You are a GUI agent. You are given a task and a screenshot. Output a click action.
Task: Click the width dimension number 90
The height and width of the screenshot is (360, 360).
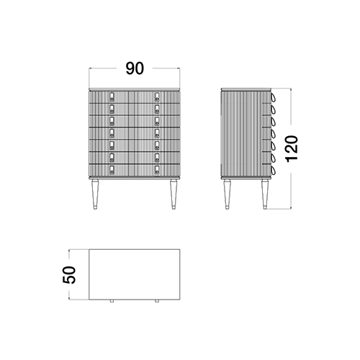[x=135, y=68]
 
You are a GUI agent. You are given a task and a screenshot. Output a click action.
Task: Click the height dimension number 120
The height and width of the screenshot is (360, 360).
[x=292, y=149]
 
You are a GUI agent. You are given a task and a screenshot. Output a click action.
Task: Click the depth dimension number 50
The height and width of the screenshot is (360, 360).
[x=69, y=275]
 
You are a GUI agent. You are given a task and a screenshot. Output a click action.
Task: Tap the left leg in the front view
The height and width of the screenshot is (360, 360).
[x=95, y=194]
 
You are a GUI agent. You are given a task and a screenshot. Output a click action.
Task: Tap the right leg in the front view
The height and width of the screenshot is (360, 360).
[x=174, y=194]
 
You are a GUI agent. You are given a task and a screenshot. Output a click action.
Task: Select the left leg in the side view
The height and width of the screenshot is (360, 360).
[x=227, y=194]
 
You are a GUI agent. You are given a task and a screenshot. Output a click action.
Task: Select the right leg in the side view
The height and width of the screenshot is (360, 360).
[x=265, y=194]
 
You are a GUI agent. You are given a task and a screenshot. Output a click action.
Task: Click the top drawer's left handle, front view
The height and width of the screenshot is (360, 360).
[x=112, y=96]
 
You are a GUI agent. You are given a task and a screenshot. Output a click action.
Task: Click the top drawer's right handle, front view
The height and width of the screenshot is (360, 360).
[x=157, y=96]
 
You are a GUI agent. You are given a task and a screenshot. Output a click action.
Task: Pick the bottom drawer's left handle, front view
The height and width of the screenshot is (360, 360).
[x=112, y=170]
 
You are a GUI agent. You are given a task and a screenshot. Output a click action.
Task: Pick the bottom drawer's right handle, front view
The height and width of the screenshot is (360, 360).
[x=157, y=170]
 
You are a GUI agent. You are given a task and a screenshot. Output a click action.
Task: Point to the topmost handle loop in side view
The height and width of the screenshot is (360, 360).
[x=274, y=97]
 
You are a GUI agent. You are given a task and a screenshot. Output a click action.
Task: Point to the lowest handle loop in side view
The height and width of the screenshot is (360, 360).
[x=274, y=171]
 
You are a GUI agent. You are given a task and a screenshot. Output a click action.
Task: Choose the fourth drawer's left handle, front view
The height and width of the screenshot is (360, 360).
[x=112, y=133]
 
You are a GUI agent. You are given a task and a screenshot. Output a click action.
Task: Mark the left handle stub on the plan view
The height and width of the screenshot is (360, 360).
[x=112, y=301]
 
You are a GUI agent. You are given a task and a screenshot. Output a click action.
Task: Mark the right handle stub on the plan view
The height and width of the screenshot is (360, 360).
[x=157, y=301]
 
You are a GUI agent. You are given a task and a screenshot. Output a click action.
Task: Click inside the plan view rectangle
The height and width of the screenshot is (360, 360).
[x=135, y=274]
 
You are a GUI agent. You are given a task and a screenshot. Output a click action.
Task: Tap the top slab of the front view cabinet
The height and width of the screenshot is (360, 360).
[x=135, y=89]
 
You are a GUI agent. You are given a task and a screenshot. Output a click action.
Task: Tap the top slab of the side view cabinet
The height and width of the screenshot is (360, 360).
[x=246, y=89]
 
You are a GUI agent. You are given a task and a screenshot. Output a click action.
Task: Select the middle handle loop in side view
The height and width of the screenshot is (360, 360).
[x=274, y=134]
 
